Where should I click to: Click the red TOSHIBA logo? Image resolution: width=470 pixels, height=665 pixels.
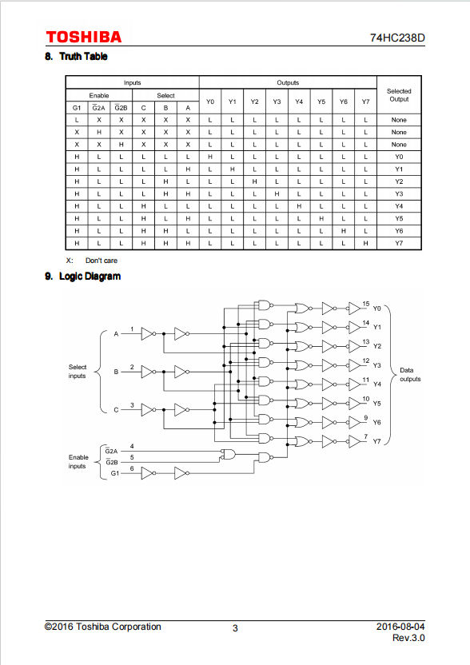point(84,38)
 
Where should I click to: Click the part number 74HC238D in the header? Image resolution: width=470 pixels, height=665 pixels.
point(397,38)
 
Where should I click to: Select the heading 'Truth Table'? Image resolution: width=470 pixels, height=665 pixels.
point(83,57)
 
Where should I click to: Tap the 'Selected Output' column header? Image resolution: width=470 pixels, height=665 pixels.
point(399,95)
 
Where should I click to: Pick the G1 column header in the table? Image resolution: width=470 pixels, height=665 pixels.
point(77,108)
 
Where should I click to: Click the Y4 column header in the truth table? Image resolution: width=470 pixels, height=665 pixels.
point(299,102)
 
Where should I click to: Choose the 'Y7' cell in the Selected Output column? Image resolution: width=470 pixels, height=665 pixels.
point(399,243)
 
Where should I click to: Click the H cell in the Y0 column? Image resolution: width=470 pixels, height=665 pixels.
point(210,157)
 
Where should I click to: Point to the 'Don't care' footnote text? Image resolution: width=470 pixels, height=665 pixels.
point(102,261)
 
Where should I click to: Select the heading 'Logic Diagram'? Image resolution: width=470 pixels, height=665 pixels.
point(90,276)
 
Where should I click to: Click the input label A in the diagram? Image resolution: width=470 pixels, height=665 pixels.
point(116,334)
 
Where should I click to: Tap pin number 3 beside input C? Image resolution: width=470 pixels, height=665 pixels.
point(132,405)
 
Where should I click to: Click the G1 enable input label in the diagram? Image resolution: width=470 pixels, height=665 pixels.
point(114,473)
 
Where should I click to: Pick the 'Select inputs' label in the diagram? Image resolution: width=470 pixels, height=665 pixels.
point(78,372)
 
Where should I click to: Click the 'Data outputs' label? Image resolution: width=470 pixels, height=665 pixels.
point(410,375)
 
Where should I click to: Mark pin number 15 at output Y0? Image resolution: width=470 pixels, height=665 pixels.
point(365,304)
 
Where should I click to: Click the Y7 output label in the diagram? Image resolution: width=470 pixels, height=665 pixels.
point(376,441)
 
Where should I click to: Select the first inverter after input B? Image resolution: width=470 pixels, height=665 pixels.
point(148,372)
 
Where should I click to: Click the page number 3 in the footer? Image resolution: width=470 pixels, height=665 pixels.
point(235,628)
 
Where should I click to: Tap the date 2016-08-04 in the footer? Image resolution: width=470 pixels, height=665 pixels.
point(400,627)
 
